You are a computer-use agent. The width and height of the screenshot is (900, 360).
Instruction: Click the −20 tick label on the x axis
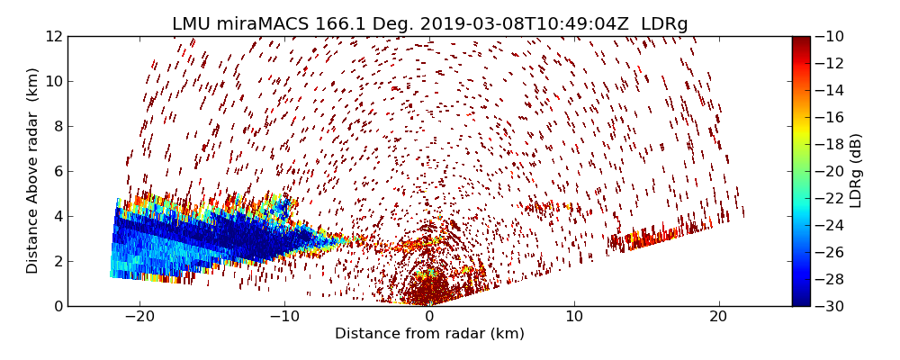[x=139, y=317]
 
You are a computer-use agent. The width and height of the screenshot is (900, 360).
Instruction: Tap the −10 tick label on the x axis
[x=284, y=317]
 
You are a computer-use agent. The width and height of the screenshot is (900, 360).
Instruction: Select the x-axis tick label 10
[x=574, y=317]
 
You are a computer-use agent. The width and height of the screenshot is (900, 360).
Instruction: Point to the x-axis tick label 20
[x=718, y=317]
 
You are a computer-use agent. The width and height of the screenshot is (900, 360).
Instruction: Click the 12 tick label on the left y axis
[x=53, y=36]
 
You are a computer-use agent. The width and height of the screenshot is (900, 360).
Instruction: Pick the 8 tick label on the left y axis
[x=57, y=126]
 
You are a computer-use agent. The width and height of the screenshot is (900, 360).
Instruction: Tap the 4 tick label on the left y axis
[x=57, y=216]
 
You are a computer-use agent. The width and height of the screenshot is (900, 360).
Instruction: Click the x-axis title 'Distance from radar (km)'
[x=429, y=334]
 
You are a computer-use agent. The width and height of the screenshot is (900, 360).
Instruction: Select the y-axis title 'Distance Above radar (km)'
[x=33, y=170]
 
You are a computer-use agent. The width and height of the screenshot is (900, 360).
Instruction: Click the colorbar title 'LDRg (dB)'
[x=856, y=170]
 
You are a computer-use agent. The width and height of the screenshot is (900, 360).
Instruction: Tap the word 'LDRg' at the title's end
[x=664, y=24]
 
